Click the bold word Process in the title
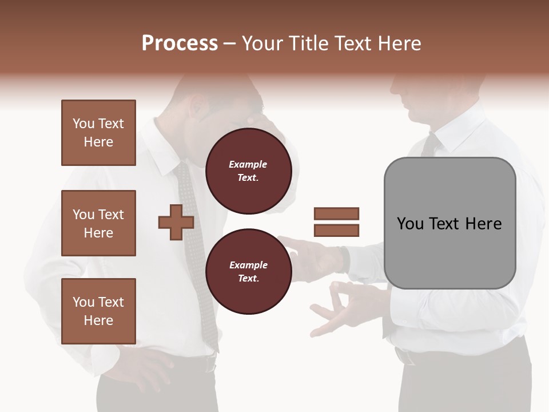point(180,43)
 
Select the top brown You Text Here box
point(98,133)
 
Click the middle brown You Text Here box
point(98,223)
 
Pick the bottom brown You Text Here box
point(98,311)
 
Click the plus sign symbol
point(176,223)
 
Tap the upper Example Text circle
point(248,171)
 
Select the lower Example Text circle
point(248,272)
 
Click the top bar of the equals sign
point(336,213)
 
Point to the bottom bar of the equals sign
point(336,231)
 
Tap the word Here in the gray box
point(483,224)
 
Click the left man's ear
point(198,106)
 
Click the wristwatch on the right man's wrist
point(344,259)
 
